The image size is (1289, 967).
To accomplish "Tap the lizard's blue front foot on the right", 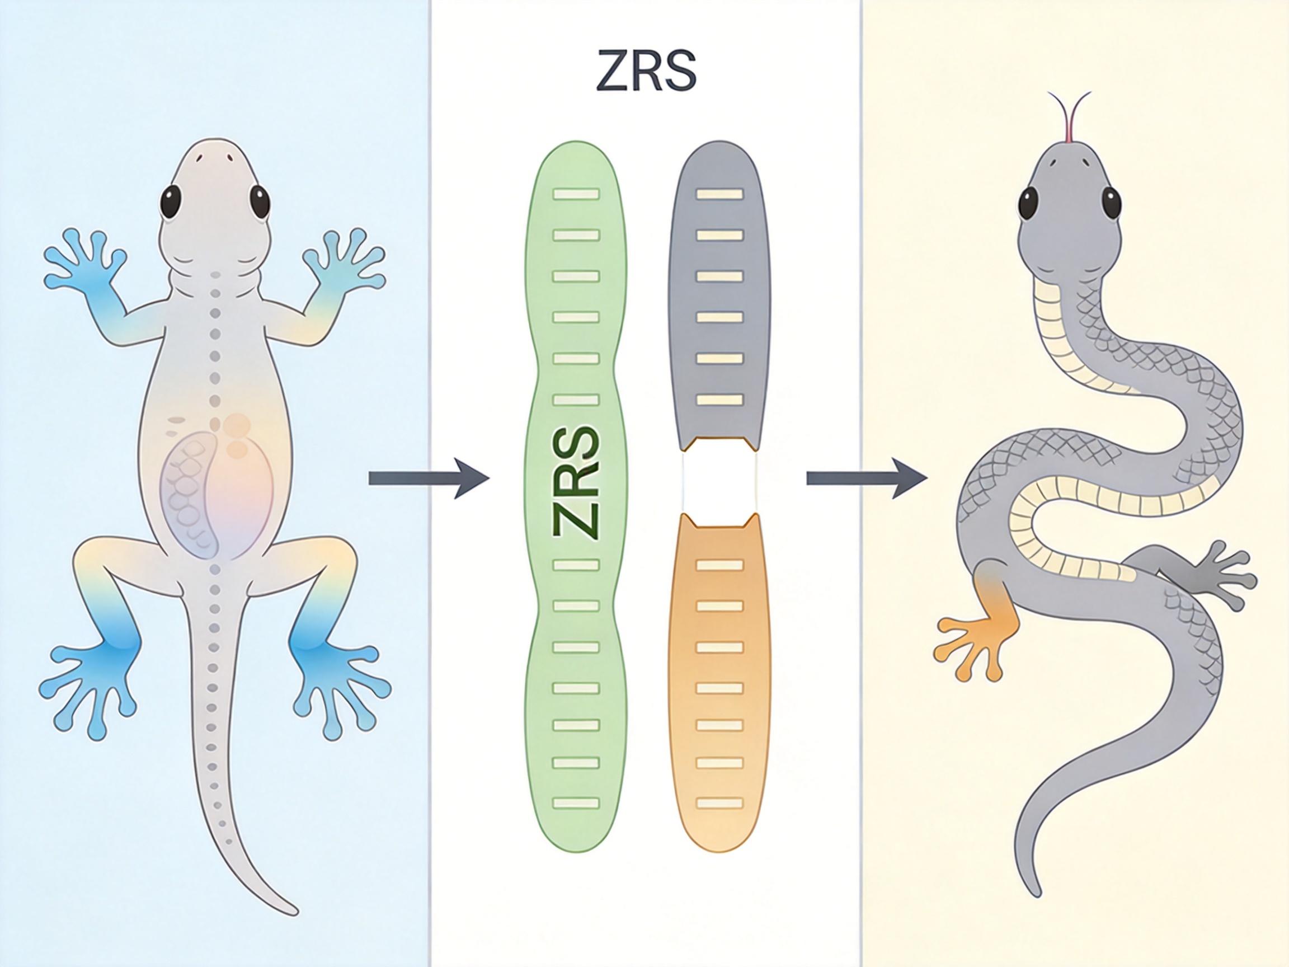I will pos(344,262).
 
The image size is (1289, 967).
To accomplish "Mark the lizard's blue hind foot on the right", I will pos(338,682).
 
